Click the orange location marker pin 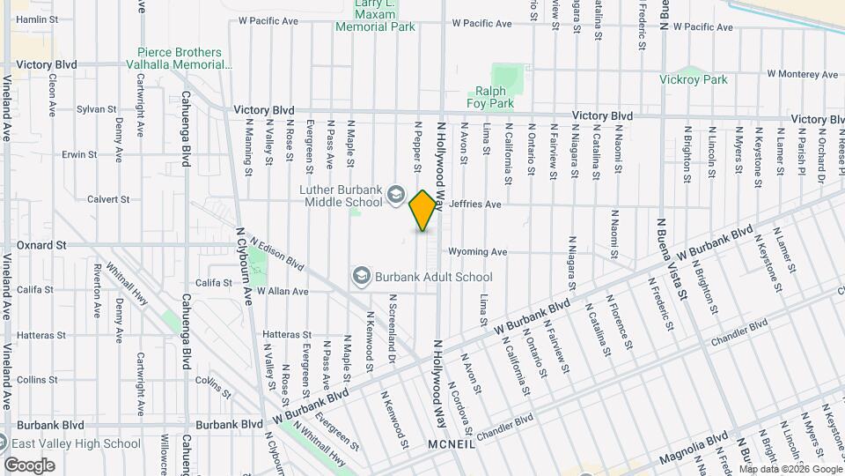[x=423, y=211]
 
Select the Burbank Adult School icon [x=361, y=277]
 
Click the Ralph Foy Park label [x=494, y=97]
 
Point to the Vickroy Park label [x=694, y=79]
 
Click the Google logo [x=29, y=465]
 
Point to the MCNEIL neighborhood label [x=451, y=445]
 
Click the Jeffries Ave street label [x=474, y=205]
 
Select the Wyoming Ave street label [x=477, y=251]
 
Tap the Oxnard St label [x=41, y=244]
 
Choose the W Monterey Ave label [x=800, y=74]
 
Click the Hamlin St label [x=37, y=19]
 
